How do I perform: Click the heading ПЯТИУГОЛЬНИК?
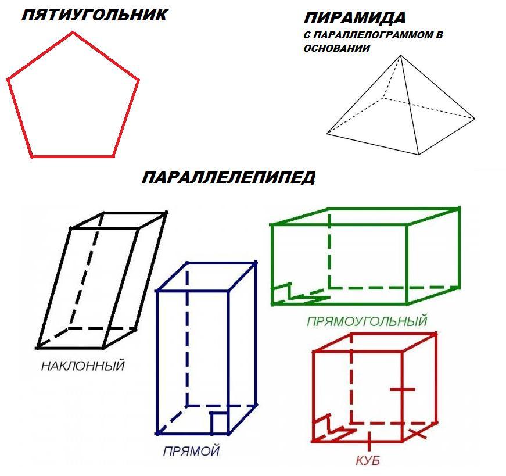click(95, 15)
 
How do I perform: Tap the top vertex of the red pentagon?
click(73, 33)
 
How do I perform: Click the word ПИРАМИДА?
click(354, 18)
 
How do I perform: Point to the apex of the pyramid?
click(401, 56)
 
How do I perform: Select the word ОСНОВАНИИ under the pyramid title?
click(336, 48)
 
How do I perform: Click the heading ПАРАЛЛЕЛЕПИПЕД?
click(228, 178)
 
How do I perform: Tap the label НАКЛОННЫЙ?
click(83, 366)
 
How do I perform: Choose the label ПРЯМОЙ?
click(191, 451)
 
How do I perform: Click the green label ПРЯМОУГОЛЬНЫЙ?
click(367, 321)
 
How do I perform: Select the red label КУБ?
click(368, 460)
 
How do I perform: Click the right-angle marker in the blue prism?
click(219, 423)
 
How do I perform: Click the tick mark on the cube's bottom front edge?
click(369, 441)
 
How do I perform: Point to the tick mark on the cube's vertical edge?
click(403, 389)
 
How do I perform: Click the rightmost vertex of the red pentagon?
click(138, 79)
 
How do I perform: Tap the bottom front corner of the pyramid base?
click(419, 155)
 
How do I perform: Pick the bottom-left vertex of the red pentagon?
click(32, 157)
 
